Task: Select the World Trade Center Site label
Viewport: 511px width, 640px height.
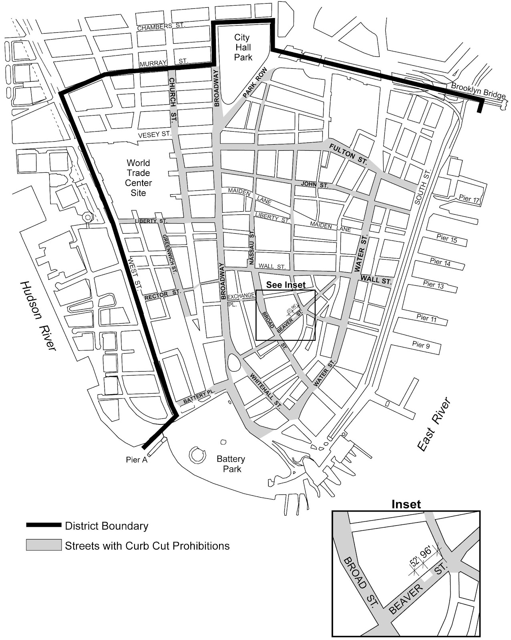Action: pos(138,178)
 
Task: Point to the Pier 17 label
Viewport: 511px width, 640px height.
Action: pos(469,199)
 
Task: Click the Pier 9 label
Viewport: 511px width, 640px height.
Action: pos(420,345)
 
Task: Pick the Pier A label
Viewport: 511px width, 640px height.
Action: pos(137,460)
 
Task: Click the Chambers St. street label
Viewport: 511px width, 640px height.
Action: pos(161,27)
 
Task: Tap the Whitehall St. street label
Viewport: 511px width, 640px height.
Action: pos(265,390)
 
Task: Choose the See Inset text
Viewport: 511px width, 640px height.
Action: pos(286,285)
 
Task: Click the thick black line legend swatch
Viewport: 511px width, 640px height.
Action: pos(44,525)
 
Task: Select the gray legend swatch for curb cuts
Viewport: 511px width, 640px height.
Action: pos(44,545)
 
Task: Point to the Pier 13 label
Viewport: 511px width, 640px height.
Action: pos(433,285)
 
